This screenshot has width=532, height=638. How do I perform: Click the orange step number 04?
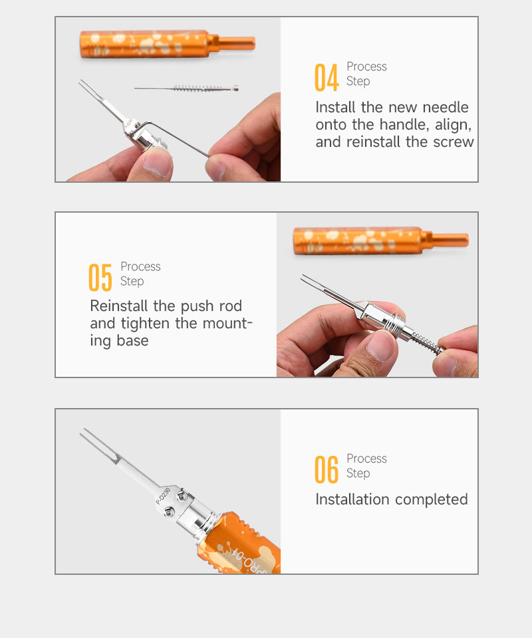coord(327,77)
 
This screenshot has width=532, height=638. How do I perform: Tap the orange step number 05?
coord(100,278)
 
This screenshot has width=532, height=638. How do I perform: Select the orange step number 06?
coord(327,470)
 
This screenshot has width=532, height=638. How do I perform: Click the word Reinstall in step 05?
coord(119,306)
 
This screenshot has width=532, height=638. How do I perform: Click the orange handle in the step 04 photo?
coord(168,44)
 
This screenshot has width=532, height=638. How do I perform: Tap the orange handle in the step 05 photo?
coord(380,241)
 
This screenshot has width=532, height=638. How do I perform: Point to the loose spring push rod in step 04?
coord(186,88)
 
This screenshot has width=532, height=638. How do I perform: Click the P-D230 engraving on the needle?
coord(163,496)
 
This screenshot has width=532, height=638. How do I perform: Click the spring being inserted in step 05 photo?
coord(426,342)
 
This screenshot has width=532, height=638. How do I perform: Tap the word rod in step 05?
coord(230,306)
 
